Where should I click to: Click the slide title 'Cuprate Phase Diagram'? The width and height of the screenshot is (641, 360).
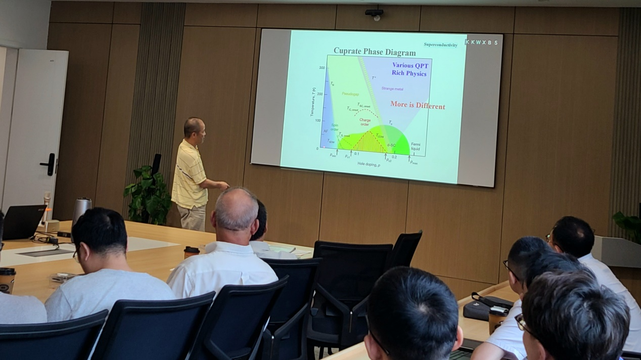pyautogui.click(x=375, y=52)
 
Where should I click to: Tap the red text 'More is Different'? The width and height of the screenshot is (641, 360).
pyautogui.click(x=418, y=106)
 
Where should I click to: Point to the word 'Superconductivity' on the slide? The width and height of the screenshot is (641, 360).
pyautogui.click(x=440, y=45)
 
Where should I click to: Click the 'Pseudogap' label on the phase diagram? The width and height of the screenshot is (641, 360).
pyautogui.click(x=350, y=94)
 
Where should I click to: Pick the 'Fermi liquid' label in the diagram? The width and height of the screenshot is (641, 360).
pyautogui.click(x=416, y=147)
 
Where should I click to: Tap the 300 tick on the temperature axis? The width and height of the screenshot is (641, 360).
pyautogui.click(x=322, y=68)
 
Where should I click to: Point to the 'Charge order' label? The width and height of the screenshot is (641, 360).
pyautogui.click(x=364, y=122)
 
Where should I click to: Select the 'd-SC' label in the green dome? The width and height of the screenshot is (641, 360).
pyautogui.click(x=392, y=145)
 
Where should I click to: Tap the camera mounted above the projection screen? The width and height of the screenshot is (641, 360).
pyautogui.click(x=374, y=14)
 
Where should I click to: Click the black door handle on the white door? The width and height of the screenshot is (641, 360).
pyautogui.click(x=50, y=164)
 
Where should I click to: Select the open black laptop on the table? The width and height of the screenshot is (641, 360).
pyautogui.click(x=23, y=221)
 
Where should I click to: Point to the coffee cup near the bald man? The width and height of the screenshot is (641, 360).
pyautogui.click(x=191, y=252)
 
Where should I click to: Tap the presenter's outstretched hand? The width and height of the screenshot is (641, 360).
pyautogui.click(x=223, y=186)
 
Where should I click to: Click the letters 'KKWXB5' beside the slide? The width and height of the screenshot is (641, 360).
pyautogui.click(x=481, y=42)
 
